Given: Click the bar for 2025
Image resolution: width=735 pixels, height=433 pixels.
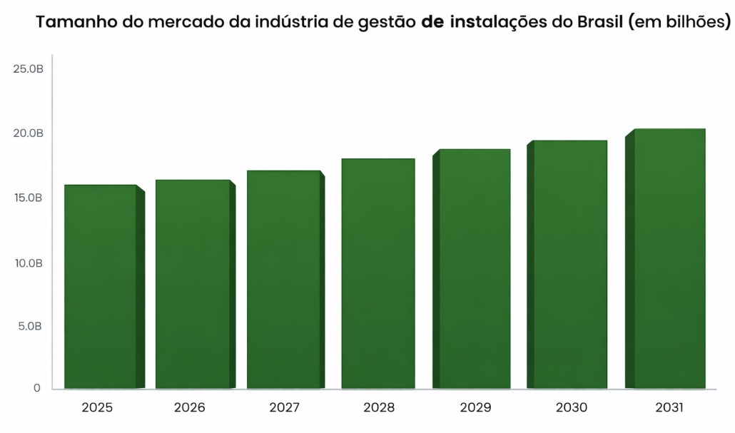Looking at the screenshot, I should (x=101, y=287).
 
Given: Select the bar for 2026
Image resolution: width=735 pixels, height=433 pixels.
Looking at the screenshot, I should (x=193, y=284).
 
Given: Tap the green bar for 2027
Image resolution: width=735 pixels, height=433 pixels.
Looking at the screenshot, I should (x=284, y=280).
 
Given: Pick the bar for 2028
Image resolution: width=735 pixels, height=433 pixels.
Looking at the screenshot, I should (x=378, y=274).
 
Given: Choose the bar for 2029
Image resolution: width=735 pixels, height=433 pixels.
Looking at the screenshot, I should (x=475, y=269).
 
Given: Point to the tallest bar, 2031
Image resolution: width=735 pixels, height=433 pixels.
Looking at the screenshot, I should (x=669, y=259).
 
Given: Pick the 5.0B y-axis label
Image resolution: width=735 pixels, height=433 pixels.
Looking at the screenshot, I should (x=30, y=326).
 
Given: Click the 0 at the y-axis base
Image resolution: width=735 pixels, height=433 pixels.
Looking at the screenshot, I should (x=37, y=389).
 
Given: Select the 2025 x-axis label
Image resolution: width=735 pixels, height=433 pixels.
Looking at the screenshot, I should (x=97, y=409).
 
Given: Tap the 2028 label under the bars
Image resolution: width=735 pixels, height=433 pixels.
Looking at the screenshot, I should (x=379, y=409).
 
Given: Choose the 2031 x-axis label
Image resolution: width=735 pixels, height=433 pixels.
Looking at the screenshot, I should (x=669, y=409).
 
